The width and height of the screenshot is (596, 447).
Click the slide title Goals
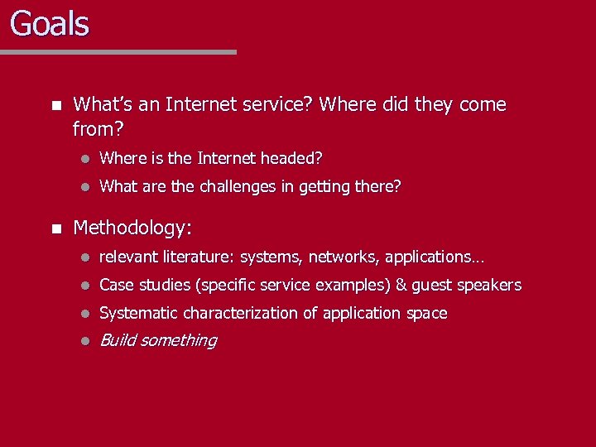(x=50, y=23)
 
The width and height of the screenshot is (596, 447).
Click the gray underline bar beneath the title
(x=118, y=52)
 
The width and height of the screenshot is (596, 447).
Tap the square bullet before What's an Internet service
(x=55, y=105)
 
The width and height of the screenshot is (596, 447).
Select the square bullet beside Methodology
(x=55, y=228)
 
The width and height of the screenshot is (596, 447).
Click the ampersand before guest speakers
(x=401, y=286)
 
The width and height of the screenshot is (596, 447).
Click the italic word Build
(x=118, y=340)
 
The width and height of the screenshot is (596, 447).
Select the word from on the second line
(x=91, y=130)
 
